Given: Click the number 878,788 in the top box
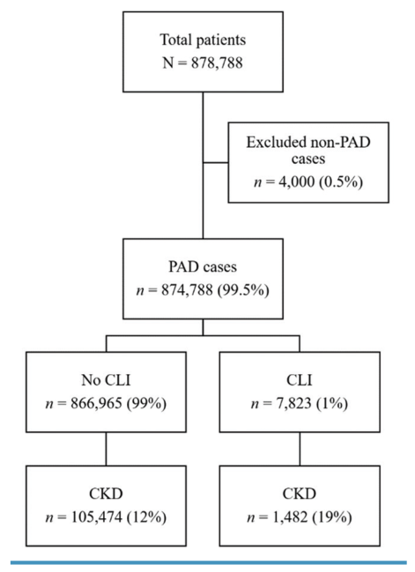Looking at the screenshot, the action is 217,63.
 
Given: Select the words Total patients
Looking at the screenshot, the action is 203,40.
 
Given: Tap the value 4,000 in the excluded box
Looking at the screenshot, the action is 296,181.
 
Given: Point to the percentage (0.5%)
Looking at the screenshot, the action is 341,181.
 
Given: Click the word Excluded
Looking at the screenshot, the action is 275,142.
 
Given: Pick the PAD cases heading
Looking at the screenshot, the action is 203,267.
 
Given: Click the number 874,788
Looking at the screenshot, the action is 187,290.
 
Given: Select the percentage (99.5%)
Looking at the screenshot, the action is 244,290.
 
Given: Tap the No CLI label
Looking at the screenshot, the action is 106,380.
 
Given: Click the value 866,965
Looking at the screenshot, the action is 96,404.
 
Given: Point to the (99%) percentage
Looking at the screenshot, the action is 146,404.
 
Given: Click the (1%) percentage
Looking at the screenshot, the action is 331,404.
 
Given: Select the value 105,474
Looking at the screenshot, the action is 96,517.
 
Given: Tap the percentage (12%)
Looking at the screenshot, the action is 146,517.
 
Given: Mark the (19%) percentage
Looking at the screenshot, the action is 332,517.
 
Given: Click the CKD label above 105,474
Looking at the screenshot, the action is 106,494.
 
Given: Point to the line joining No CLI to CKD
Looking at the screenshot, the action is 107,449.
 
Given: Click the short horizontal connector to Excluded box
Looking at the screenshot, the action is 216,162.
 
